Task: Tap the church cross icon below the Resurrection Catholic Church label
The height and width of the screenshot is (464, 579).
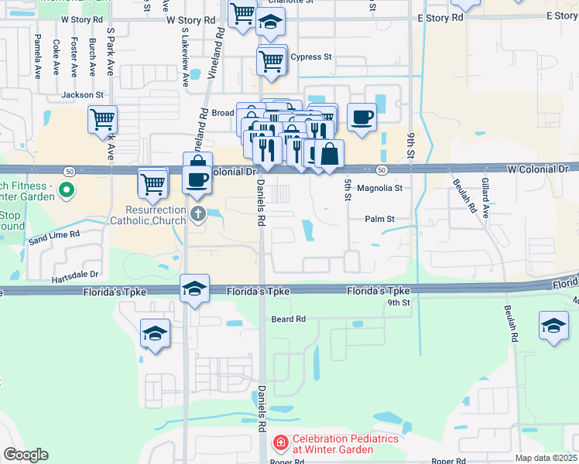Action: pyautogui.click(x=197, y=214)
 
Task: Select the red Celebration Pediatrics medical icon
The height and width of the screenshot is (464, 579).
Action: pyautogui.click(x=280, y=443)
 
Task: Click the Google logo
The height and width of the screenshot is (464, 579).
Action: pyautogui.click(x=26, y=455)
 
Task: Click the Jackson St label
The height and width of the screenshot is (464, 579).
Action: pyautogui.click(x=84, y=94)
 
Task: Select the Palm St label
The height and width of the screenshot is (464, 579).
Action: pyautogui.click(x=381, y=219)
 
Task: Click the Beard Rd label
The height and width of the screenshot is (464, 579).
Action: pyautogui.click(x=289, y=319)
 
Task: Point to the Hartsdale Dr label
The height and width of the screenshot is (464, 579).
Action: pyautogui.click(x=76, y=275)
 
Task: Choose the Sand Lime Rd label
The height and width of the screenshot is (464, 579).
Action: pyautogui.click(x=54, y=234)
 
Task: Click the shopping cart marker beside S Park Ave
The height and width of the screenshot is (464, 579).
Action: pyautogui.click(x=102, y=119)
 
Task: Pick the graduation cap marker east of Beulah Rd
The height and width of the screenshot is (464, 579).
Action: pyautogui.click(x=553, y=325)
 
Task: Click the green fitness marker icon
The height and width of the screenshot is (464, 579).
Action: pyautogui.click(x=67, y=189)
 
